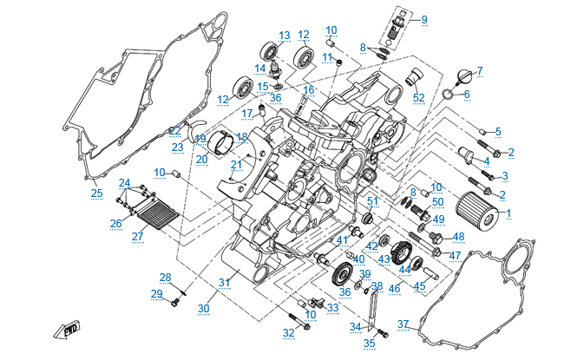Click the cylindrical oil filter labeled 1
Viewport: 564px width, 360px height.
[x=476, y=212]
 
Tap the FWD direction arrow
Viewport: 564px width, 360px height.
[x=67, y=330]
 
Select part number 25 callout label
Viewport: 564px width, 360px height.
[x=97, y=193]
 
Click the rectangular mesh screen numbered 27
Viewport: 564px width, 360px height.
[x=158, y=214]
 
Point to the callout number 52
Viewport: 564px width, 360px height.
[x=419, y=97]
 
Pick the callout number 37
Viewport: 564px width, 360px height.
[x=403, y=324]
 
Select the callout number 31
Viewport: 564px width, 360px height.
[x=224, y=282]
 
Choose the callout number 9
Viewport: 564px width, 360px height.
[x=424, y=19]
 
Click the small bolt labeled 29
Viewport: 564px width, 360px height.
[x=175, y=302]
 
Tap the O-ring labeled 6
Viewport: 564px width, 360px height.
[x=448, y=94]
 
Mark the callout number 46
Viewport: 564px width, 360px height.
[x=395, y=288]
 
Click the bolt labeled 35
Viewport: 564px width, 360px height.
[x=383, y=333]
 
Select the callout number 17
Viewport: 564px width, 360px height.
[x=246, y=114]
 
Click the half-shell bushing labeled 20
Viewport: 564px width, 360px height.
[x=221, y=145]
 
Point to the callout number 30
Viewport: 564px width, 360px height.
[x=204, y=309]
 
